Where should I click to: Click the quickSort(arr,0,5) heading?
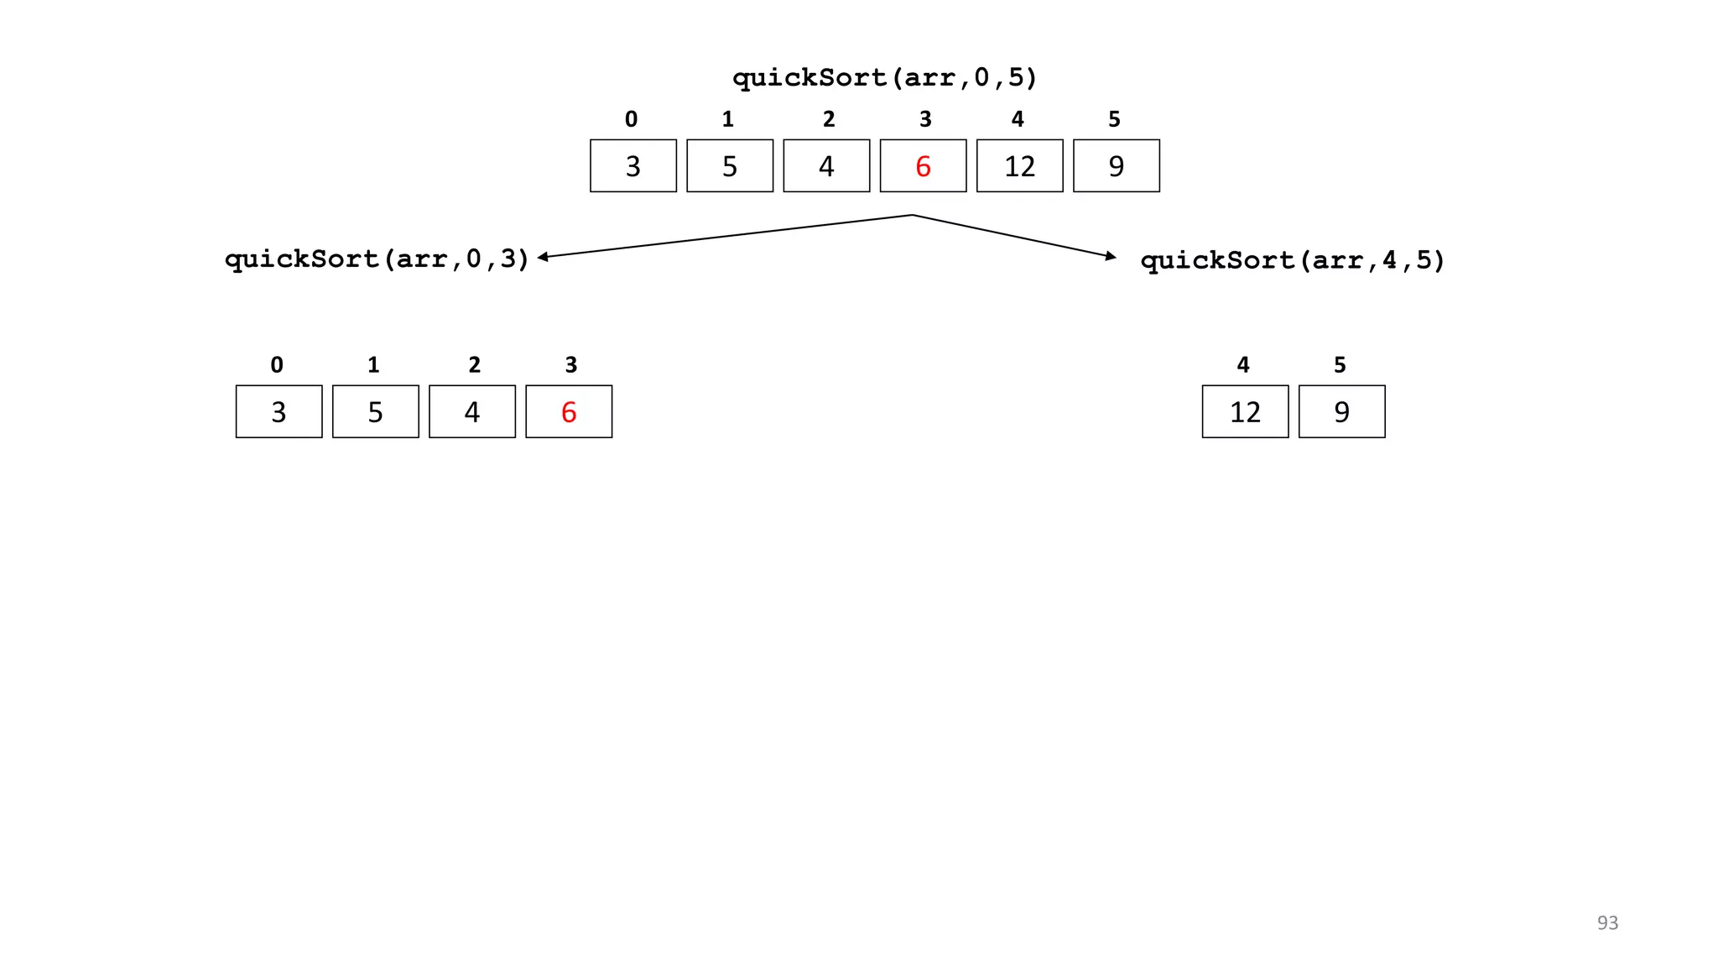pos(885,78)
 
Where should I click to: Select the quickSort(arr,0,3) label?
pos(377,259)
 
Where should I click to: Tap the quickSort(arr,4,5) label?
pos(1293,260)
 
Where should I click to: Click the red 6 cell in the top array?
pos(923,166)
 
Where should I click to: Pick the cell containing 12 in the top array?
pos(1019,166)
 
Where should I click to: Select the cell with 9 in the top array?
pos(1116,166)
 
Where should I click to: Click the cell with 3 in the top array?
pos(633,166)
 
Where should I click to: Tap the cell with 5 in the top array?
pos(730,166)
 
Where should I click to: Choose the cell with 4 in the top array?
pos(826,166)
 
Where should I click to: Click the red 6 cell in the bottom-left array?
pos(569,412)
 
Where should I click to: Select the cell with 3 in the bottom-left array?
pos(279,412)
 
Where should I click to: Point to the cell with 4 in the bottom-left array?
pos(472,412)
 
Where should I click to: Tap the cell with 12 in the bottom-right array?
pos(1245,412)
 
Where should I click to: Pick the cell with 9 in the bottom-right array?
pos(1341,412)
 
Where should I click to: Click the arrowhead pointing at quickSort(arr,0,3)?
pos(543,257)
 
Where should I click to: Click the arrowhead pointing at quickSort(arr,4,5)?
pos(1111,256)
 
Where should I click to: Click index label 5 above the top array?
pos(1114,119)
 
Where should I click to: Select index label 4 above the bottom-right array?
pos(1243,365)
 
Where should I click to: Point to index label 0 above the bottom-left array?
pos(277,365)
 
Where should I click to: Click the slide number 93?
pos(1607,923)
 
